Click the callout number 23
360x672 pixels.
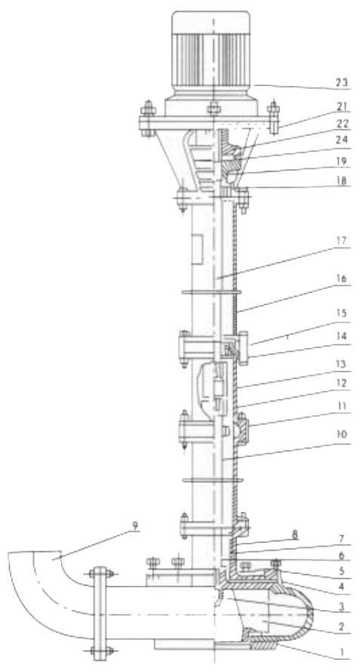[341, 83]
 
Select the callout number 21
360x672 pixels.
[341, 106]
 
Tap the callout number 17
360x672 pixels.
[341, 239]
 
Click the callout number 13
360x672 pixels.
[341, 364]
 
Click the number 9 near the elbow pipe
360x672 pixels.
[135, 526]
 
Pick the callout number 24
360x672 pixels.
[341, 140]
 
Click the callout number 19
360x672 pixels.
[341, 159]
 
